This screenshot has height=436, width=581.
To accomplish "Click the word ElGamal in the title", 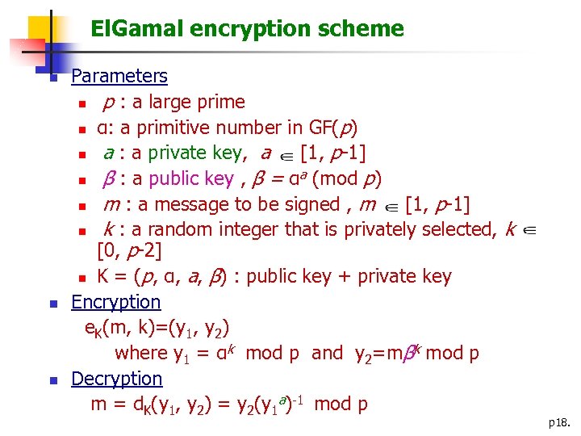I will pos(136,30).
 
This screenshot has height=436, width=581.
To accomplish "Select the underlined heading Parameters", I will pos(119,77).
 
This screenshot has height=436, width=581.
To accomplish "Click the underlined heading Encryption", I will pos(116,302).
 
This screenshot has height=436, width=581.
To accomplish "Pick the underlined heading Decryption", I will pos(117,379).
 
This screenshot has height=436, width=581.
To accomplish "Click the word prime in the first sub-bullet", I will pos(221,103).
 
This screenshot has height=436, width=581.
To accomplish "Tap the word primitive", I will pos(177,128).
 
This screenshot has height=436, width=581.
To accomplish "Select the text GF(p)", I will pos(333,128).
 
